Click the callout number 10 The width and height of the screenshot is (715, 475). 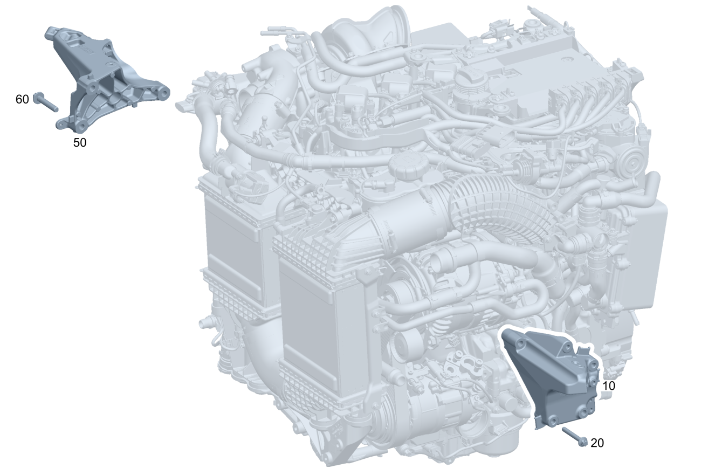pyautogui.click(x=608, y=386)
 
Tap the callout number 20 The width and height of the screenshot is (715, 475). pyautogui.click(x=597, y=443)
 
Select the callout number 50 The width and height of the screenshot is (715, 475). pyautogui.click(x=80, y=143)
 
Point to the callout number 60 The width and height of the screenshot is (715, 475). pyautogui.click(x=22, y=99)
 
